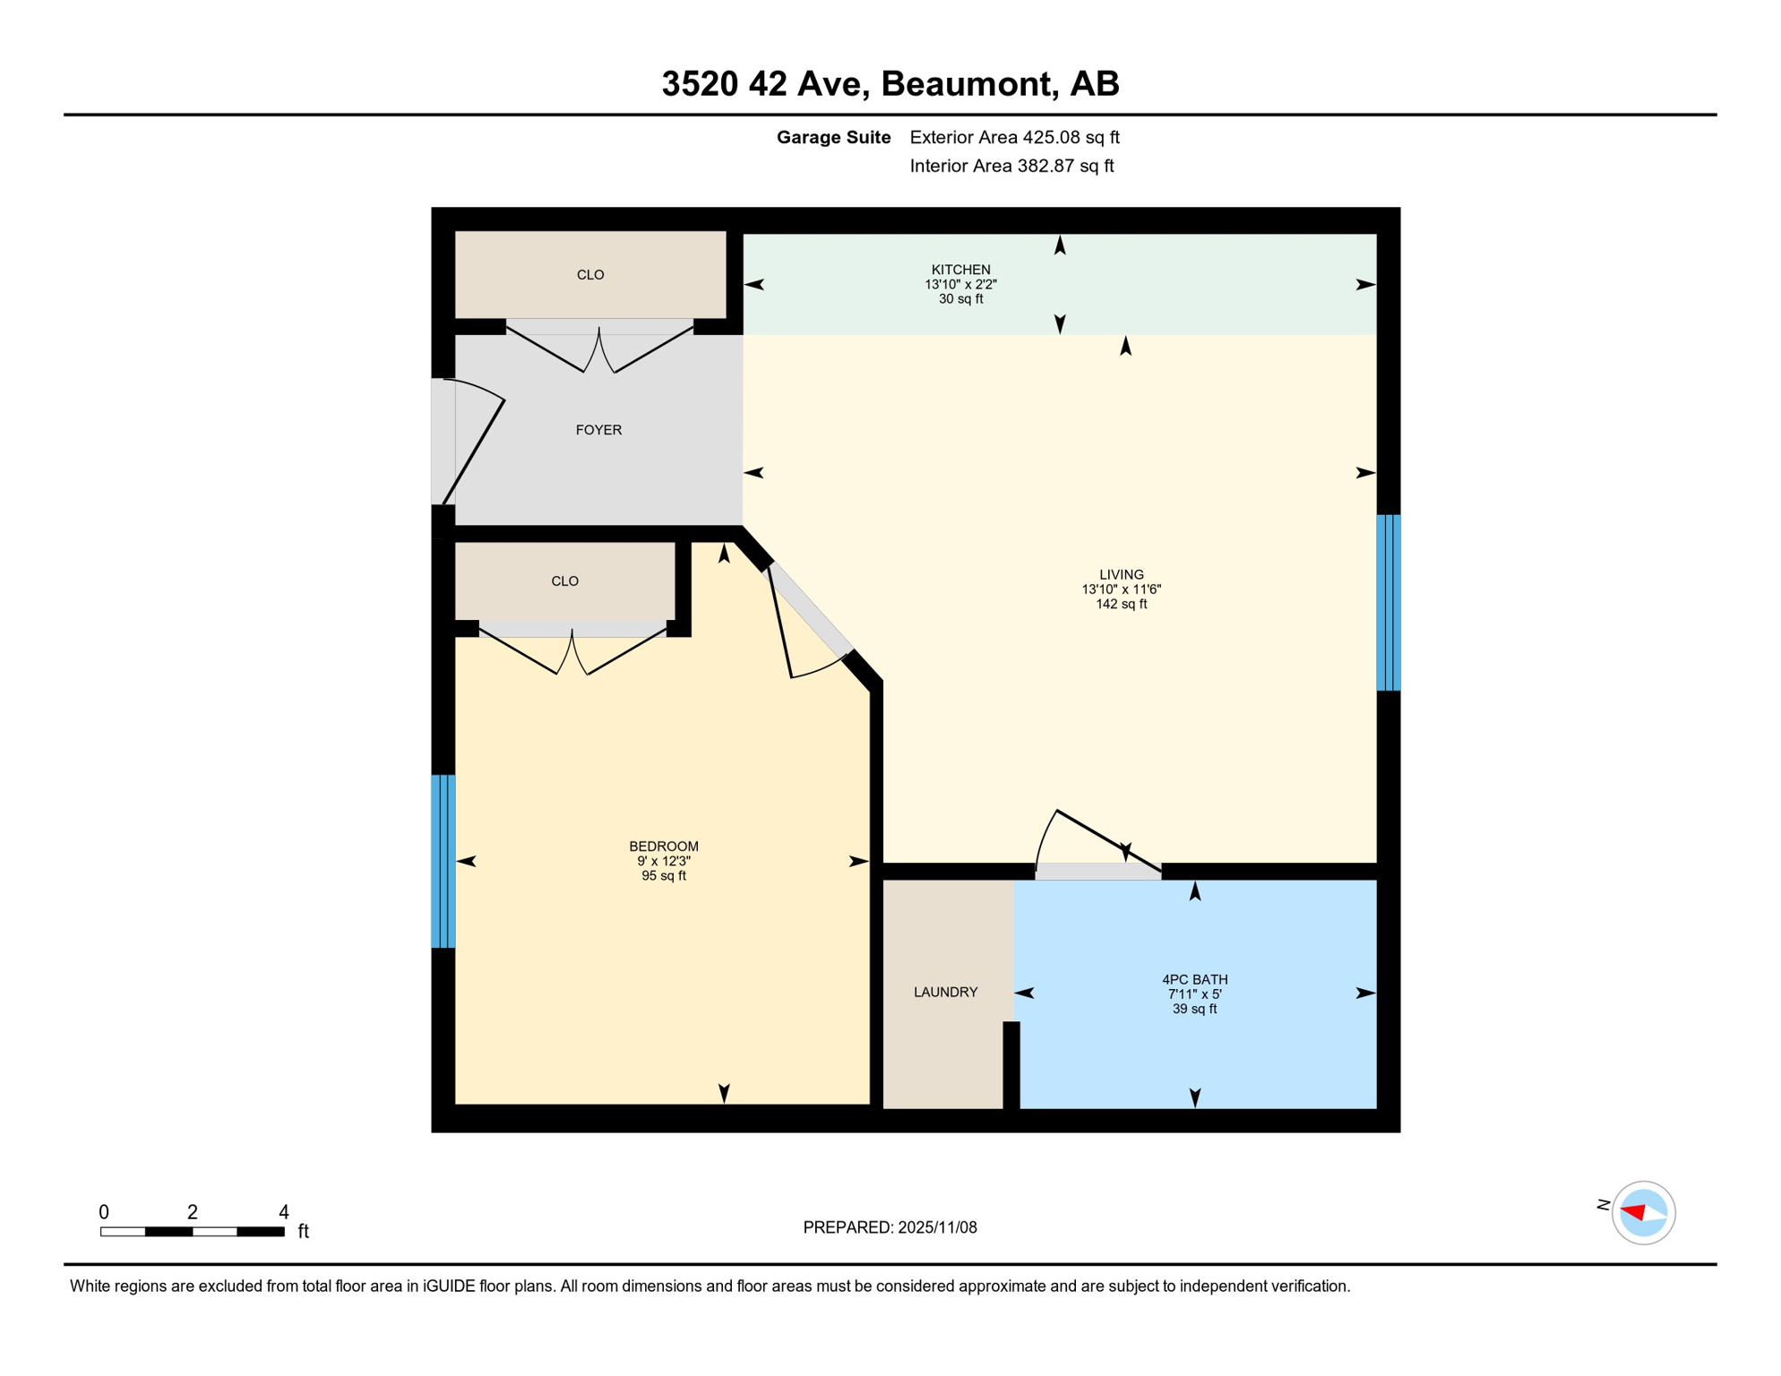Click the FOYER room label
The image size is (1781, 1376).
tap(598, 430)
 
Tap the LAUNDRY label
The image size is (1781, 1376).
tap(945, 992)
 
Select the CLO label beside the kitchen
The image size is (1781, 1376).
tap(590, 275)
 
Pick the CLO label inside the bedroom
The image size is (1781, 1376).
tap(564, 581)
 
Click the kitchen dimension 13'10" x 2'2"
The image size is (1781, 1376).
tap(960, 285)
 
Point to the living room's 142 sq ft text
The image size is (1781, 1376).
tap(1121, 605)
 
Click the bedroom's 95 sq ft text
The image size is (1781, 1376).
tap(663, 876)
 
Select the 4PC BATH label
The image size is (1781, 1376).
tap(1194, 979)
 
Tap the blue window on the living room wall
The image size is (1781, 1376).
tap(1388, 602)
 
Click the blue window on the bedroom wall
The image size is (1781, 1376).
tap(443, 861)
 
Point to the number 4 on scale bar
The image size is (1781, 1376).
tap(284, 1212)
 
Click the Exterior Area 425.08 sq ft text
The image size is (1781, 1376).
tap(1014, 137)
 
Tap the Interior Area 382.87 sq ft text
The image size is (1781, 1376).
tap(1011, 166)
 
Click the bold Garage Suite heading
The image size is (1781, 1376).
tap(833, 137)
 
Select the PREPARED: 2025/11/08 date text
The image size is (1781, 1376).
tap(890, 1227)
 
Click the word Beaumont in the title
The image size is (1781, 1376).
tap(964, 83)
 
